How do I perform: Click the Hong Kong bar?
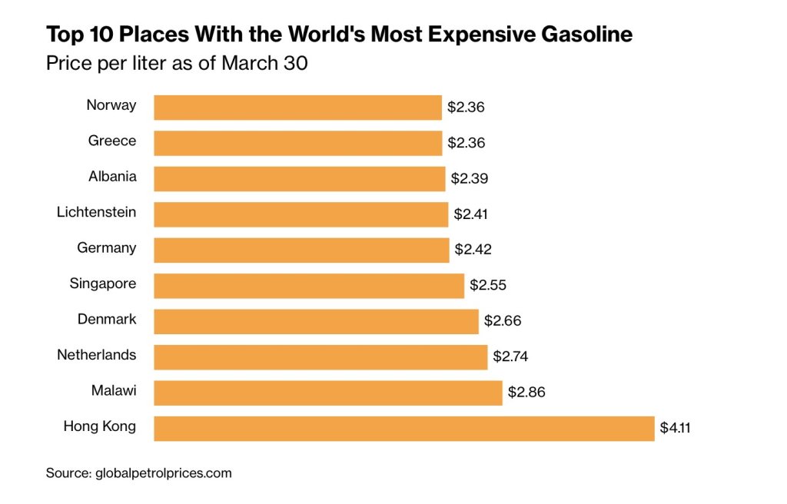click(x=404, y=428)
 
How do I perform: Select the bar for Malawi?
click(x=328, y=393)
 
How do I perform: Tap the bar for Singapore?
click(x=309, y=286)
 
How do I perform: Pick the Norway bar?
click(x=298, y=108)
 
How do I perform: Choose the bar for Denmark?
click(x=316, y=321)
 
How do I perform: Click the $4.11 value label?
click(x=676, y=428)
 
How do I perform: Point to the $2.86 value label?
click(x=526, y=393)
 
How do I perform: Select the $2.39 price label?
click(x=469, y=179)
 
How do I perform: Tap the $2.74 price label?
click(x=510, y=356)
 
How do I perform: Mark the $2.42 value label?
click(x=473, y=250)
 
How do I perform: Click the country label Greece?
click(x=112, y=141)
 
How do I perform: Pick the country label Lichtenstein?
click(x=97, y=212)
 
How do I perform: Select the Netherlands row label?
click(x=97, y=355)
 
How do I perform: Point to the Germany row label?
click(x=107, y=247)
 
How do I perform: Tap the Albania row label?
click(x=112, y=176)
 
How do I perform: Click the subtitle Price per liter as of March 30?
click(x=177, y=63)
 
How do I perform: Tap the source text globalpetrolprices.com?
click(x=163, y=473)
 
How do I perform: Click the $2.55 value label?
click(x=488, y=286)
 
